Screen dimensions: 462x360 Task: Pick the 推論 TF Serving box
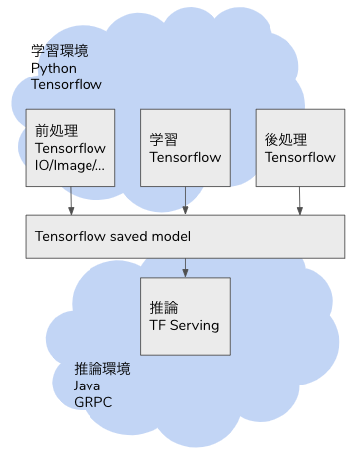[x=186, y=316]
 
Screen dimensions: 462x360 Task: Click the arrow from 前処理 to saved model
[x=71, y=201]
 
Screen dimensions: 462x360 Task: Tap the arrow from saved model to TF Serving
[x=186, y=267]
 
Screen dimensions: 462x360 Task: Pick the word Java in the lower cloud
[x=87, y=385]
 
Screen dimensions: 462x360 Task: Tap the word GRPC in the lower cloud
[x=91, y=403]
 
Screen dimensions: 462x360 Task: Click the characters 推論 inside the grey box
[x=163, y=307]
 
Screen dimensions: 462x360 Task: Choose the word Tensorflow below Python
[x=66, y=83]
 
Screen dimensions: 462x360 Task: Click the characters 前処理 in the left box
[x=50, y=130]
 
